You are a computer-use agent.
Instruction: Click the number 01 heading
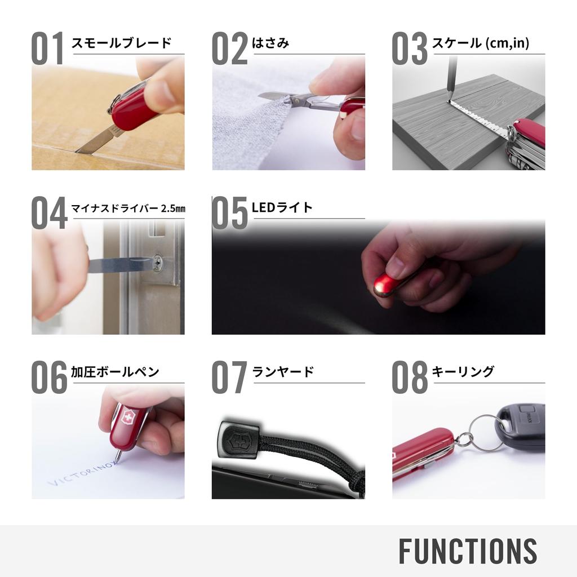coord(48,48)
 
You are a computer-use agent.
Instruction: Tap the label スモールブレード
coord(121,43)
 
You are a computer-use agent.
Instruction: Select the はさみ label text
coord(270,43)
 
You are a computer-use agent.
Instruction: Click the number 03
coord(410,48)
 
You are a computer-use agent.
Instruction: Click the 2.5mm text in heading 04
coord(173,208)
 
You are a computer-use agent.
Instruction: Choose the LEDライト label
coord(282,207)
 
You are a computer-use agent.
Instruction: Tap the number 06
coord(49,378)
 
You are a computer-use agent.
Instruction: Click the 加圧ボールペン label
coord(115,372)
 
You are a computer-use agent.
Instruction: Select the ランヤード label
coord(283,372)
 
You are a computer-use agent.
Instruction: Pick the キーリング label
coord(463,372)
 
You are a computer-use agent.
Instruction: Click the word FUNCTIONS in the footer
coord(468,551)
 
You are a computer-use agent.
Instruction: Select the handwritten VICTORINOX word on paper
coord(85,474)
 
